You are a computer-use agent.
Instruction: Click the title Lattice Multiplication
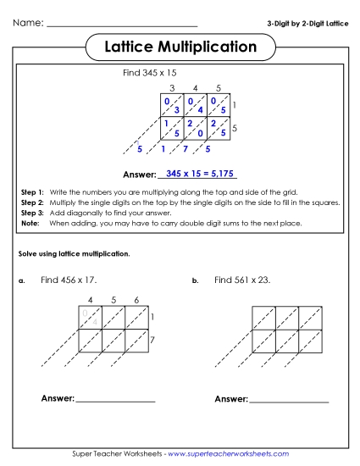tap(180, 47)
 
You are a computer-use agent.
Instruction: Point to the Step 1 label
tap(31, 193)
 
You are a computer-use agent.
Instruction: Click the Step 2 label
tap(31, 203)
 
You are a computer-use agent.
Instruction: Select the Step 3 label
tap(31, 214)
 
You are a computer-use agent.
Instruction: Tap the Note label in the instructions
tap(30, 224)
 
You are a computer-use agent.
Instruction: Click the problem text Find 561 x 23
tap(242, 280)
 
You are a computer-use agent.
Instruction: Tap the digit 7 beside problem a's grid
tap(153, 340)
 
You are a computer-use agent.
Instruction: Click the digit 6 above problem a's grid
tap(136, 299)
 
